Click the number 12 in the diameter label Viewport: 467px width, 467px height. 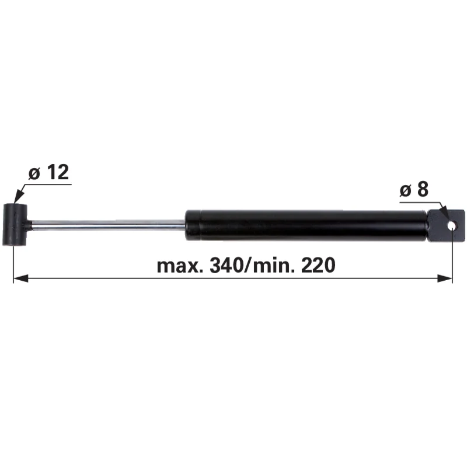[58, 172]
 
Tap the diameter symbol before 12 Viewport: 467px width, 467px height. [34, 173]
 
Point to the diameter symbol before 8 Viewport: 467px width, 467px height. [405, 191]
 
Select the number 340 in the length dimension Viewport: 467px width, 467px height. [226, 266]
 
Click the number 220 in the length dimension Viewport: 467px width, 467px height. [318, 266]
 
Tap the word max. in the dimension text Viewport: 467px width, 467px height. [180, 266]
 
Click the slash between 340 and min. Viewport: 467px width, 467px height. [248, 266]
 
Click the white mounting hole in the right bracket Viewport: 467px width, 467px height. [452, 226]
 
